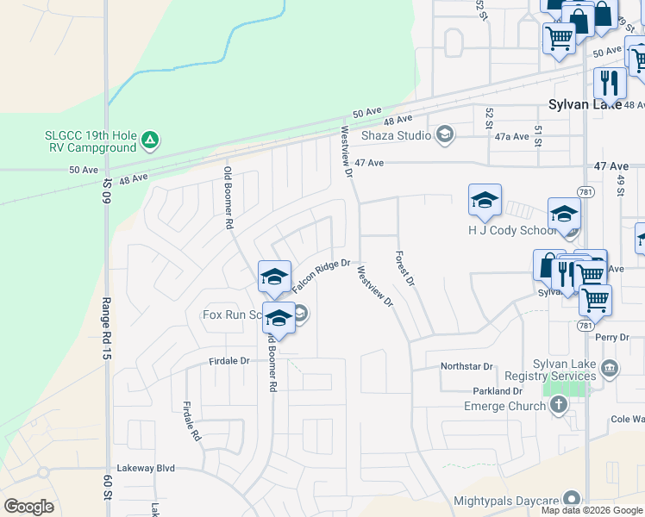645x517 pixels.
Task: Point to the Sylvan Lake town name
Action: tap(584, 104)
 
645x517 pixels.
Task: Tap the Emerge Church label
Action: tap(504, 406)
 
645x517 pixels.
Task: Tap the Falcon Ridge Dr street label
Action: tap(322, 277)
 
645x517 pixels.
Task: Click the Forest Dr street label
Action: tap(405, 269)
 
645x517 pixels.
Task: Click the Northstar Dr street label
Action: tap(466, 366)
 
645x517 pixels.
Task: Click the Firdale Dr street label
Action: tap(229, 361)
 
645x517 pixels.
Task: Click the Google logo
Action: tap(28, 507)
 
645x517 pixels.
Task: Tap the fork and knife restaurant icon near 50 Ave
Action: tap(610, 84)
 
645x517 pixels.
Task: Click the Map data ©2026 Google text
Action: tap(592, 510)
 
